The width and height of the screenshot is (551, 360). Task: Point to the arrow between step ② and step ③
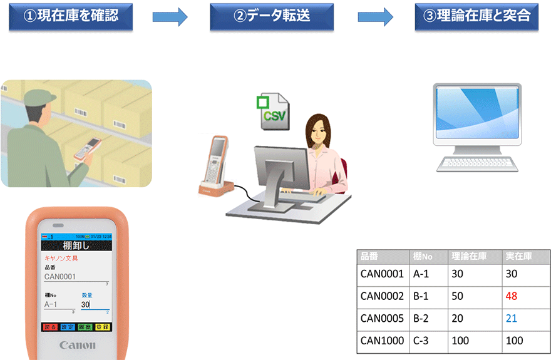coord(376,18)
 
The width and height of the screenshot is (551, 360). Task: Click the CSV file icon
coord(274,113)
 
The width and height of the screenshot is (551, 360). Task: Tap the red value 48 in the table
coord(511,296)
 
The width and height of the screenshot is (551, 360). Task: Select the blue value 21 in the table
coord(511,318)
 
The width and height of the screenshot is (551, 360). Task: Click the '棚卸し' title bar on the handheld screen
coord(76,245)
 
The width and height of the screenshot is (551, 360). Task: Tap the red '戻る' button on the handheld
coord(50,327)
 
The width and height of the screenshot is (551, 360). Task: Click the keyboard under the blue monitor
coord(478,164)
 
